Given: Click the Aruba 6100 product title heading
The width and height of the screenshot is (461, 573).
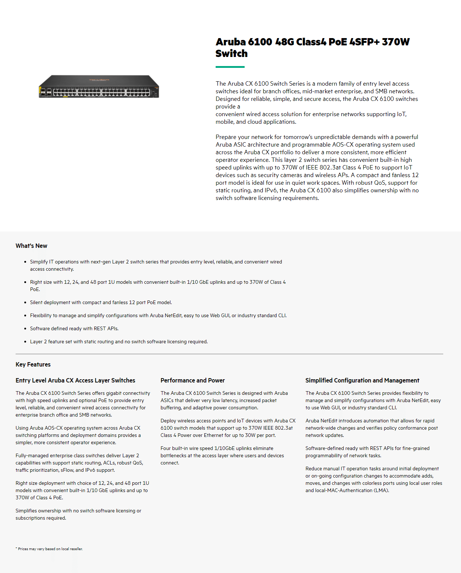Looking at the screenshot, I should [x=312, y=42].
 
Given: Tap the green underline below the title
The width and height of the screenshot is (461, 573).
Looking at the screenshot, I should [x=230, y=67].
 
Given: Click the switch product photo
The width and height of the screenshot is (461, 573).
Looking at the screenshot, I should [x=99, y=87].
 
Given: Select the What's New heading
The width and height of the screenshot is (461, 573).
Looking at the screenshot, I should [x=32, y=246].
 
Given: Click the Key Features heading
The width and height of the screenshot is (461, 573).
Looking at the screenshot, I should [x=33, y=364].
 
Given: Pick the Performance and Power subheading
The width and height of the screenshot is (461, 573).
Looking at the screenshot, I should [x=192, y=380].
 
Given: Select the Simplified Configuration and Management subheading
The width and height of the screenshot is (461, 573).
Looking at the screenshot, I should [x=362, y=380].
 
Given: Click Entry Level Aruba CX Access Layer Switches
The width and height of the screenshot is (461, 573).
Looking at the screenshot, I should [x=75, y=380].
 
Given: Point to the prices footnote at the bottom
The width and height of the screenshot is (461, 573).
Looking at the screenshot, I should [x=49, y=549].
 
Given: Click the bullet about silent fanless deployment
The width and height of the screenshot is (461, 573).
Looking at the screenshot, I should [x=101, y=302].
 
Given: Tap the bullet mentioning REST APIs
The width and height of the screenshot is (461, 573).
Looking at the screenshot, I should [x=74, y=328].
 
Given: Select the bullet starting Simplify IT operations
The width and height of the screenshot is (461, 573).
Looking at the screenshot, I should [x=156, y=265].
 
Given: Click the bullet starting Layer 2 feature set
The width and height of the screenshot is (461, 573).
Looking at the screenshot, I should [x=119, y=341].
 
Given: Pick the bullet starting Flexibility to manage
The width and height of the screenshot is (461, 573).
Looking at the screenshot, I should [x=158, y=315].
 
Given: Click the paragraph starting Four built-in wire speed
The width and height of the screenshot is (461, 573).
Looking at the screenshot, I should [x=222, y=455].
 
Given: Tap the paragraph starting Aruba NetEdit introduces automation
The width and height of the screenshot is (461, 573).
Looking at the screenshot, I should [x=371, y=428].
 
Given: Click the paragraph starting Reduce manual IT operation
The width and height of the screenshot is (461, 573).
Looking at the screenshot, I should [x=373, y=479].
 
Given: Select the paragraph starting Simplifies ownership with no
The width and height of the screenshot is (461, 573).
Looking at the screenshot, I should [x=78, y=514].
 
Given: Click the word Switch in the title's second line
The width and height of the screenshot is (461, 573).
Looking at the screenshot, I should [x=232, y=54].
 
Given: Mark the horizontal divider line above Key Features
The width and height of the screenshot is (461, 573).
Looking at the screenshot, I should [x=229, y=354].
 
